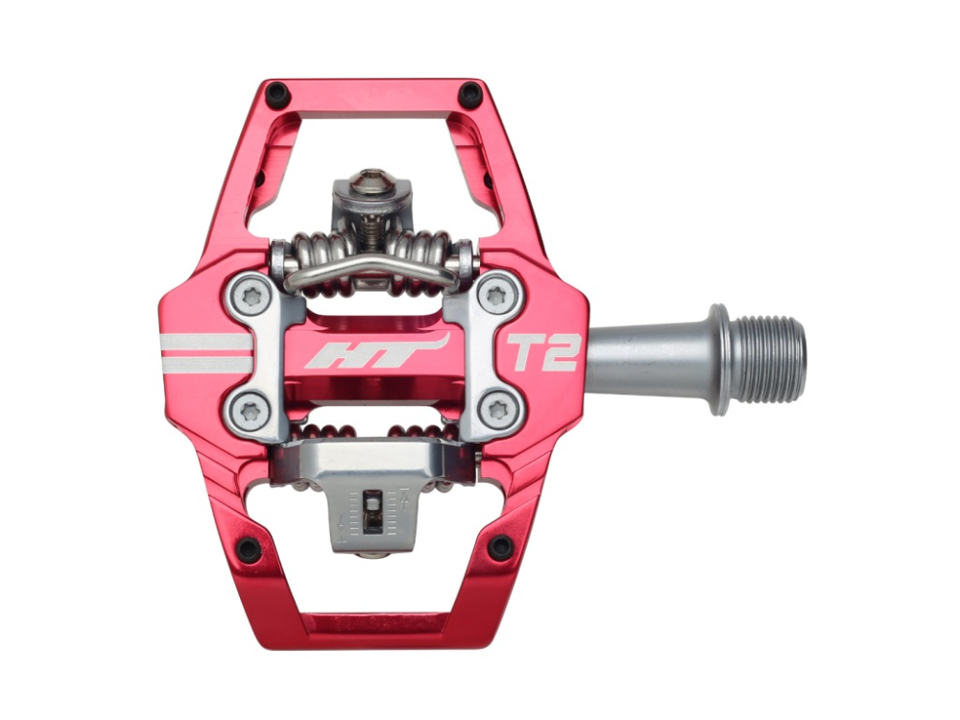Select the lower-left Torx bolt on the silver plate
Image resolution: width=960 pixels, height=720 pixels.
252,410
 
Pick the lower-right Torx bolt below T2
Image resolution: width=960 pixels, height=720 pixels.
496,410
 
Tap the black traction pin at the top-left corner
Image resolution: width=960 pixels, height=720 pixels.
277,95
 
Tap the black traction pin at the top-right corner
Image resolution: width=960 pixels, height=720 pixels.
470,95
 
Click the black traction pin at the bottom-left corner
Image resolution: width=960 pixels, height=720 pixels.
249,549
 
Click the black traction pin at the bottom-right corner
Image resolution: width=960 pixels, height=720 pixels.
500,547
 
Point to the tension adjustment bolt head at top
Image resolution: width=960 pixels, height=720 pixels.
372,182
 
